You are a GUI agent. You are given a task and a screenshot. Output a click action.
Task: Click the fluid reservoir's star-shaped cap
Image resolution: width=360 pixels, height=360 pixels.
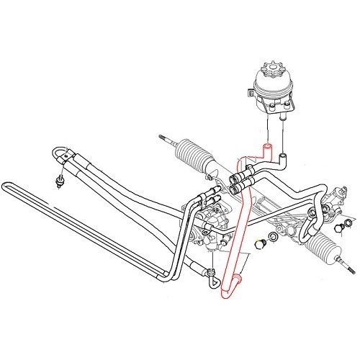273,73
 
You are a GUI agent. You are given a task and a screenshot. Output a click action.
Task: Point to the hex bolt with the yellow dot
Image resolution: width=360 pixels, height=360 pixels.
261,246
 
